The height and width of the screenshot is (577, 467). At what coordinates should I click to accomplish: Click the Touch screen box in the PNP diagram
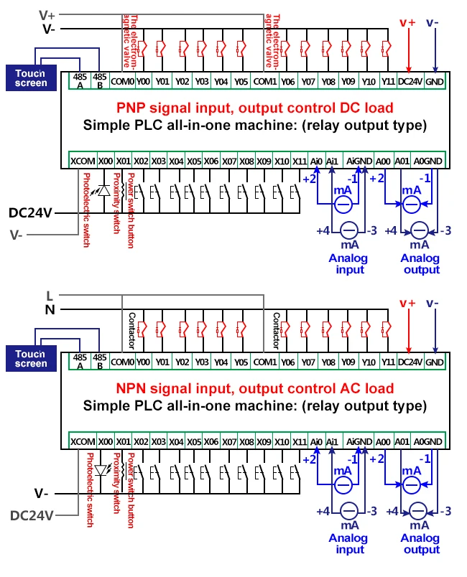pos(31,78)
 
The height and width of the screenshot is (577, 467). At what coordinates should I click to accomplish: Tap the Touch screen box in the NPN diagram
pos(31,358)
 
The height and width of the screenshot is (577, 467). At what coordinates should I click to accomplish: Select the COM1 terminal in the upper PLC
pos(265,81)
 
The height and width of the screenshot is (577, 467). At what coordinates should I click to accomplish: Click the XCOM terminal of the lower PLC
pos(83,441)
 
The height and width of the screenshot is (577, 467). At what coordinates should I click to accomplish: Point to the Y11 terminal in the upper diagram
pos(388,81)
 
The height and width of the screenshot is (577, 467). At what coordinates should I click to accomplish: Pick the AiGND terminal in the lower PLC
pos(359,441)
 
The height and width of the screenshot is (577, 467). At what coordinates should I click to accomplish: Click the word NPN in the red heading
pos(131,388)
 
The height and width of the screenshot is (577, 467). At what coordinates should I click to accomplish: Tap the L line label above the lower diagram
pos(50,296)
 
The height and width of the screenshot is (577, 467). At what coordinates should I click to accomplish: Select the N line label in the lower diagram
pos(50,310)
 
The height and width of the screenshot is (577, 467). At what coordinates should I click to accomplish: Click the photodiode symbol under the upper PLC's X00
pos(103,191)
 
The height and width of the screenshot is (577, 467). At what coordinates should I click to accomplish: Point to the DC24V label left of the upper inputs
pos(31,213)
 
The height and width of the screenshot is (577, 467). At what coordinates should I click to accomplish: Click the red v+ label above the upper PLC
pos(407,23)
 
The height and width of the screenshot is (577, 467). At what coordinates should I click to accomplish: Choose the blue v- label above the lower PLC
pos(433,304)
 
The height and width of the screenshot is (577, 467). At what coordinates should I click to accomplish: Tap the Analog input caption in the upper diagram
pos(348,264)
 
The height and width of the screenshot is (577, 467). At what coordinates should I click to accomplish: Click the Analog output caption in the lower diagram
pos(420,544)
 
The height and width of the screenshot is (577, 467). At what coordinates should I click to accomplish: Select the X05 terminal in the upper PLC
pos(194,161)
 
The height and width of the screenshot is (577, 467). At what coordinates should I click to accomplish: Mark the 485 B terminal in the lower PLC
pos(100,362)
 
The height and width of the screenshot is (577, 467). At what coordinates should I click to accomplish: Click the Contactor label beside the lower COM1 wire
pos(276,331)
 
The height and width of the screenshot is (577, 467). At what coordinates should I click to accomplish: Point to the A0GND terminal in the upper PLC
pos(428,161)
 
